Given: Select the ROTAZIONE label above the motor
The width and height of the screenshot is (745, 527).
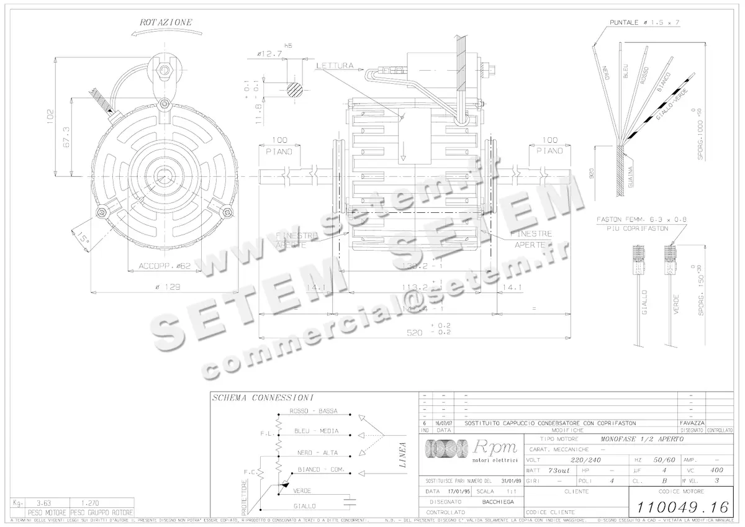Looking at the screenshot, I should (x=166, y=22).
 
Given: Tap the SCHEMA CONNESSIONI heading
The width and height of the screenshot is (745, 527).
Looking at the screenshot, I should (x=262, y=397).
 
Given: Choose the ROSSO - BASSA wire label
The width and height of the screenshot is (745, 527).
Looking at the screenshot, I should (x=314, y=412).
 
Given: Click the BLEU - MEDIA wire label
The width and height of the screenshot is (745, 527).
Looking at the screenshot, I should (x=314, y=431).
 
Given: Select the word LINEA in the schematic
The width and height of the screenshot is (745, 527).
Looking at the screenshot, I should (x=402, y=454).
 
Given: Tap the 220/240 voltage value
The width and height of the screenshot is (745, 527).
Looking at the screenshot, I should (x=585, y=460).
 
